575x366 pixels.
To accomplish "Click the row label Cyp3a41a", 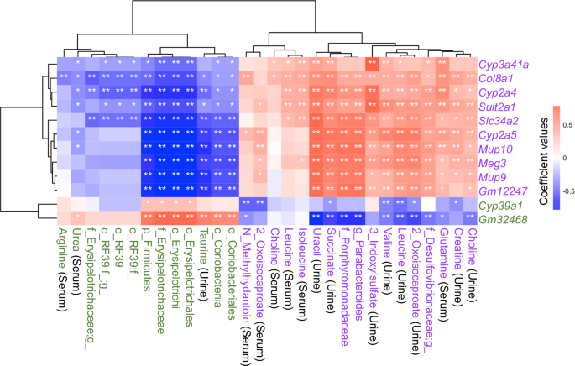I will click(x=504, y=64).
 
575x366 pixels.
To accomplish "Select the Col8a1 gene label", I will click(x=496, y=78).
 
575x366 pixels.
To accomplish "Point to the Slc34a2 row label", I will click(x=499, y=121).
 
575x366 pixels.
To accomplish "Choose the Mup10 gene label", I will click(x=496, y=149).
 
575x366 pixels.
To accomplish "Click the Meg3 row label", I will click(x=493, y=164).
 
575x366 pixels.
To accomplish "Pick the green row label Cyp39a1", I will click(x=500, y=206).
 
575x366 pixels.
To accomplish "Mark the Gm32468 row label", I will click(x=501, y=220).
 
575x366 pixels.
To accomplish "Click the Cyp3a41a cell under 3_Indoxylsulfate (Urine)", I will click(x=371, y=64).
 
